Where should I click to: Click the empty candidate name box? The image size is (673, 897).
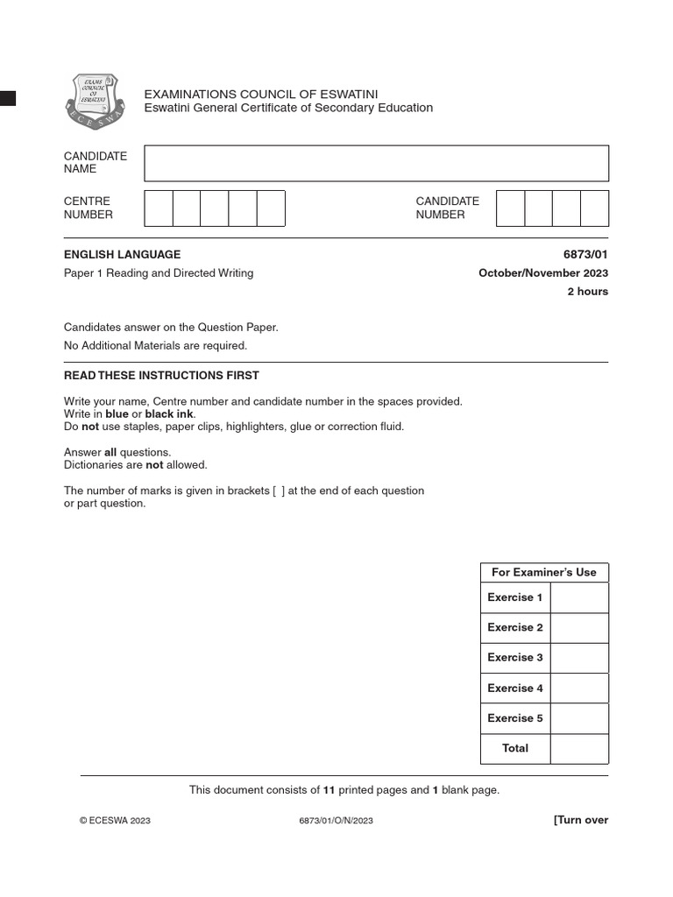(376, 163)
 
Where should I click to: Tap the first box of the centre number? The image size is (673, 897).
(159, 208)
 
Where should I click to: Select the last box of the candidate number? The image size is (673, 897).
(594, 208)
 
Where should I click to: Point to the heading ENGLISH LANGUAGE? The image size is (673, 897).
(122, 254)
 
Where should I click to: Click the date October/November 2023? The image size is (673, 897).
(542, 272)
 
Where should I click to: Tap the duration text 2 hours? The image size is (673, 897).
(587, 292)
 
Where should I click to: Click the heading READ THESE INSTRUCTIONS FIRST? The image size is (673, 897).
(161, 376)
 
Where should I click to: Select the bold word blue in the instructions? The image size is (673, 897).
(117, 414)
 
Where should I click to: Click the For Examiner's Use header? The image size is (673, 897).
(543, 572)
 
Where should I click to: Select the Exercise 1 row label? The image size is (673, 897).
(515, 597)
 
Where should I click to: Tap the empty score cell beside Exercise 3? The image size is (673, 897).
(579, 658)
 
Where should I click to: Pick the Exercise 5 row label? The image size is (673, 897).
(515, 718)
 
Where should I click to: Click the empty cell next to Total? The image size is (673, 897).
(579, 748)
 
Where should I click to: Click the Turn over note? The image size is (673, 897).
(580, 820)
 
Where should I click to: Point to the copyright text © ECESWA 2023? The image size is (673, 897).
(115, 821)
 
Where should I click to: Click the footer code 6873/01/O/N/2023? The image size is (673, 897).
(336, 821)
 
